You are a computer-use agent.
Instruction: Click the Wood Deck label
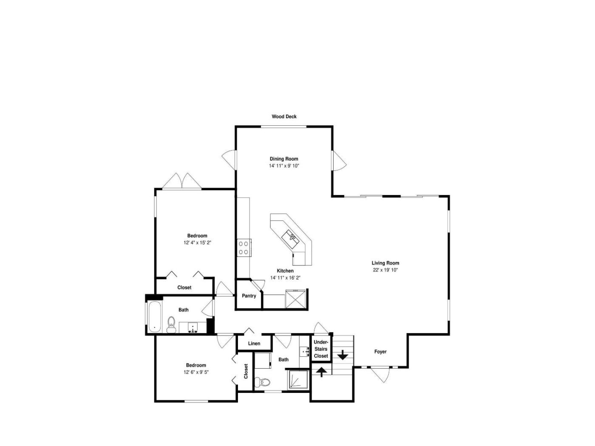pos(284,116)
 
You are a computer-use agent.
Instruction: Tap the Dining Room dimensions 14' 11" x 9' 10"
pos(284,166)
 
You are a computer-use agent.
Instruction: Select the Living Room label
pos(385,263)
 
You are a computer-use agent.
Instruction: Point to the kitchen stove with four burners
pos(244,248)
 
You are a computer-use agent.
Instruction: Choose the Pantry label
pos(249,296)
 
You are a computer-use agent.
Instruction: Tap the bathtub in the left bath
pos(155,316)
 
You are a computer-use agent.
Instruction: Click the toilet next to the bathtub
pos(171,325)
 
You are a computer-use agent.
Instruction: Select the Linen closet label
pos(254,343)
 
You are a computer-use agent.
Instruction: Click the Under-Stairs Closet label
pos(321,349)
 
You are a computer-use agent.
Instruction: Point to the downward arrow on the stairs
pos(343,355)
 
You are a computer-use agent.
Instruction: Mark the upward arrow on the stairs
pos(321,372)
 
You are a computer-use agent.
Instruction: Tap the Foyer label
pos(380,352)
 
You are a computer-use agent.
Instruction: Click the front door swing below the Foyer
pos(380,375)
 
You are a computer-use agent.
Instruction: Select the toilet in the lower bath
pos(262,382)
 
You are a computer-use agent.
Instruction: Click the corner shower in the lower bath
pos(298,379)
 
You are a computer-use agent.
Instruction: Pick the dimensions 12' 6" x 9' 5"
pos(196,372)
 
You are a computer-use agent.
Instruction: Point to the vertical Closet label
pos(246,371)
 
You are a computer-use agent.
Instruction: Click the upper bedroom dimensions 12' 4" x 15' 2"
pos(197,243)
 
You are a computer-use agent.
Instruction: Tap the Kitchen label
pos(285,271)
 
